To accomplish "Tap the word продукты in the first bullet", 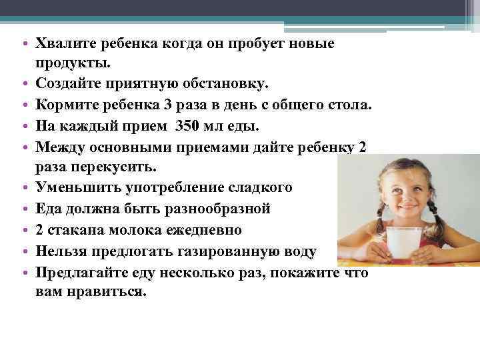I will click(x=71, y=64).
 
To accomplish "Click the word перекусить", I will click(x=115, y=167).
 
